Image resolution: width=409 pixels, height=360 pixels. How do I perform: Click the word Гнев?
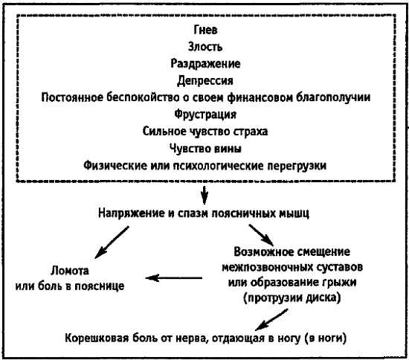(205, 30)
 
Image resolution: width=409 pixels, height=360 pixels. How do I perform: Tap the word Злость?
(205, 47)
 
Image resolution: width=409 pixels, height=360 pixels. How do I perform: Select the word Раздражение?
(205, 64)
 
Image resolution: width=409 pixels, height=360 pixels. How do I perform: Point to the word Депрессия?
(205, 80)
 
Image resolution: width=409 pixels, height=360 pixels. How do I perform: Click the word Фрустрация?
(205, 115)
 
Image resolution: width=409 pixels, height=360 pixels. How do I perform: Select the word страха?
(251, 131)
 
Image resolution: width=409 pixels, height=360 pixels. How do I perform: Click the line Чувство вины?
(205, 149)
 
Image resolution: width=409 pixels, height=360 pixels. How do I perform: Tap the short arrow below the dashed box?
(204, 195)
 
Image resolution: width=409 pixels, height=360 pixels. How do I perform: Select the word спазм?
(193, 213)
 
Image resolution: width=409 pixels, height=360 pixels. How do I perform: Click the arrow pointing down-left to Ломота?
(112, 242)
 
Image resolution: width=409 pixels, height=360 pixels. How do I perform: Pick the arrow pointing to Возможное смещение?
(261, 235)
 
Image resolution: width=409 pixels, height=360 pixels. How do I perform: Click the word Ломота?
(70, 271)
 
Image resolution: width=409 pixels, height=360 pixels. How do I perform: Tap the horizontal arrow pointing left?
(174, 278)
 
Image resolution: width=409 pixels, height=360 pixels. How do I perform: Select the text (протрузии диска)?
(292, 298)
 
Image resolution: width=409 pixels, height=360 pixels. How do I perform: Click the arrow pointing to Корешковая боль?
(271, 320)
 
